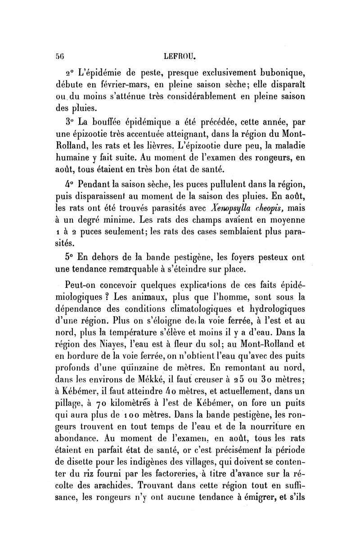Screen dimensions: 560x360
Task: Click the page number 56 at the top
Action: [x=59, y=56]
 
